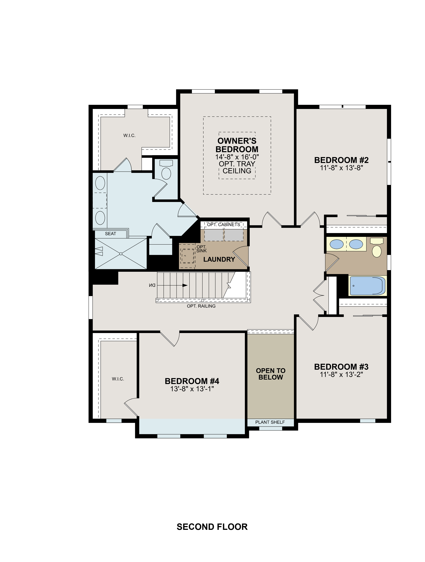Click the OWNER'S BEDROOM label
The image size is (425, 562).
tap(237, 145)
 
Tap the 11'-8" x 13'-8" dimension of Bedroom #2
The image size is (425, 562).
tap(341, 168)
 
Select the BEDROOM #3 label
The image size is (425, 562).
tap(341, 367)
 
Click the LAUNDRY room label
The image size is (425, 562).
tap(219, 259)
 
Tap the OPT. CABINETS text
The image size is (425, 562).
tap(223, 225)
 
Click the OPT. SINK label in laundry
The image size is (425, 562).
tap(201, 249)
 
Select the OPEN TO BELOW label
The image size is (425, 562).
tap(271, 374)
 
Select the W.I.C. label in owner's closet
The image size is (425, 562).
tap(129, 136)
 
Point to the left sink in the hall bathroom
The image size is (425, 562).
tap(336, 244)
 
